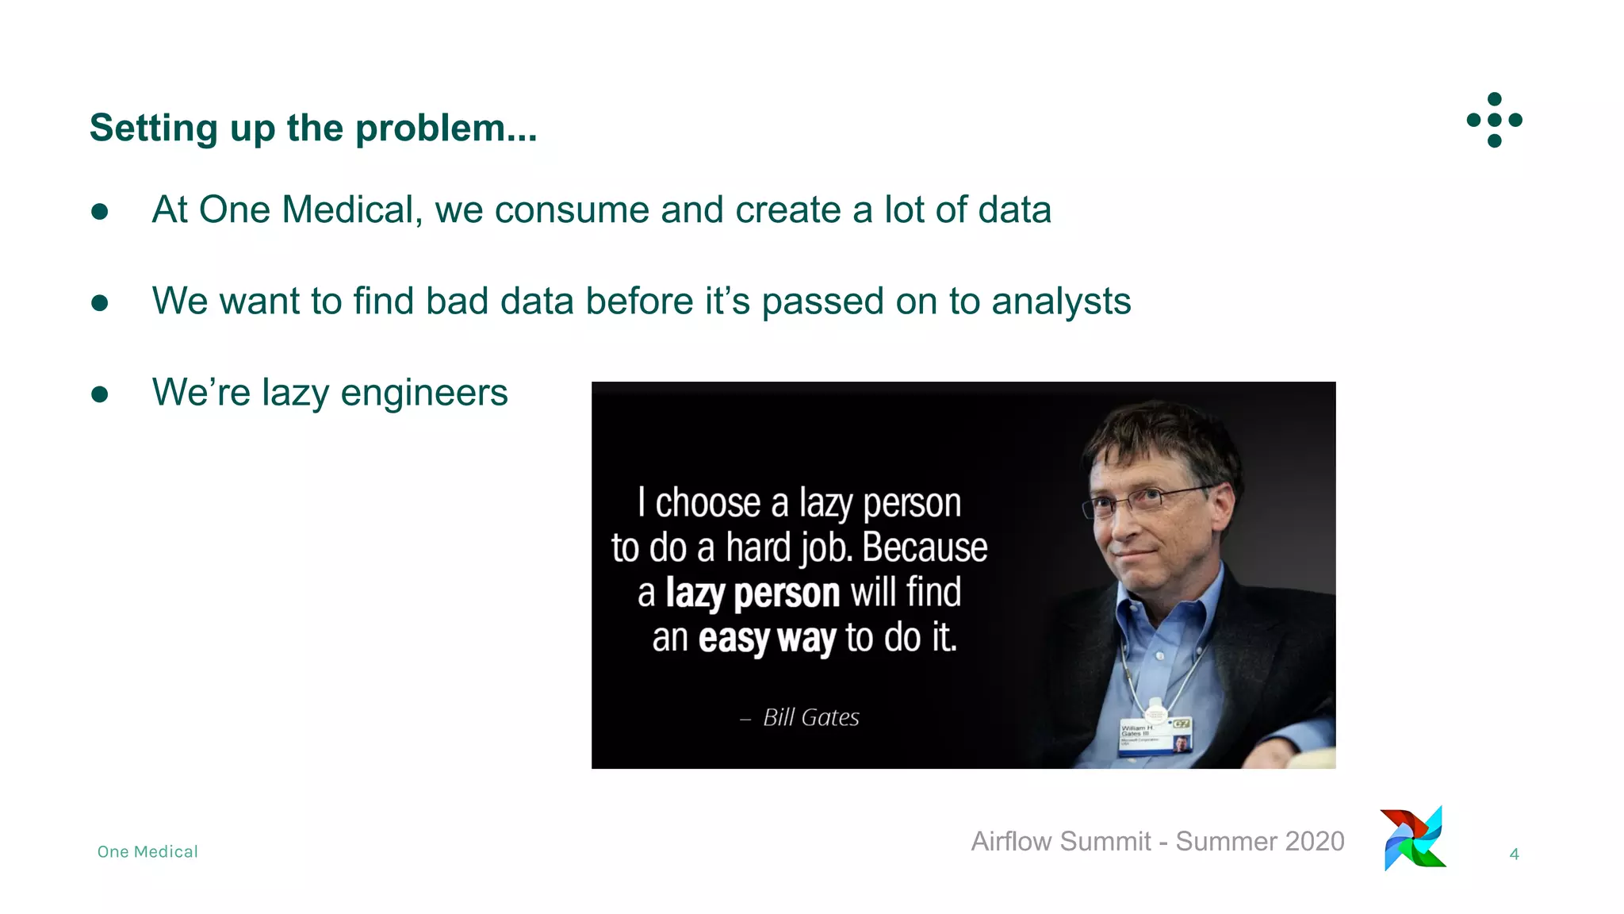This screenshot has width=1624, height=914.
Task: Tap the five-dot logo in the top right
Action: tap(1494, 120)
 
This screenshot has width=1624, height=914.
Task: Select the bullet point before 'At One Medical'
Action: tap(100, 211)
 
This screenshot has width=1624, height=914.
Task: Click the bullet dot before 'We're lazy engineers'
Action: tap(100, 394)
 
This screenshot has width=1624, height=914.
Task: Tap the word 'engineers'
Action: tap(424, 394)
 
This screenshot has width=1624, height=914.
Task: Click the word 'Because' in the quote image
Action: tap(925, 547)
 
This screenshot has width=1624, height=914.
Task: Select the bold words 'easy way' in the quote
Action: tap(767, 638)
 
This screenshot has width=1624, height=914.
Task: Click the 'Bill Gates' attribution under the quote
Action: tap(810, 717)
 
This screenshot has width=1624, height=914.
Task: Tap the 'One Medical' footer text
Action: tap(147, 852)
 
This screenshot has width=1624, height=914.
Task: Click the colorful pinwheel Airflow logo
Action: tap(1414, 839)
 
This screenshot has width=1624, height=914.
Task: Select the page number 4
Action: tap(1514, 854)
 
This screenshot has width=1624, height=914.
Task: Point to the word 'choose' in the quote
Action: tap(708, 503)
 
